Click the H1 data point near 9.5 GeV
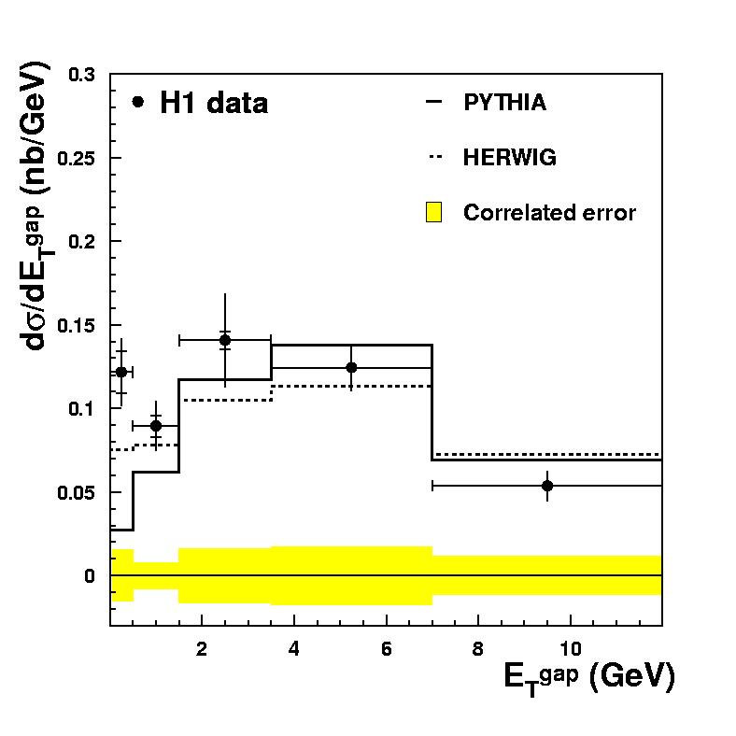tap(547, 486)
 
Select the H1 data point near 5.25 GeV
tap(351, 367)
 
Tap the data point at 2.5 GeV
tap(225, 340)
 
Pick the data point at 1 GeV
tap(156, 426)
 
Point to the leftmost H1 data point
tap(120, 372)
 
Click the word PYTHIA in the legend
tap(504, 103)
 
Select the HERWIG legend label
tap(509, 158)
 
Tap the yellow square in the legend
tap(433, 213)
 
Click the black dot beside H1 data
tap(138, 102)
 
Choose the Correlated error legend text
tap(549, 213)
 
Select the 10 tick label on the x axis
tap(570, 646)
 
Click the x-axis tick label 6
tap(387, 646)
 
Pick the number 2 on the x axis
tap(202, 646)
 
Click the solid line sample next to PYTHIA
tap(433, 103)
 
